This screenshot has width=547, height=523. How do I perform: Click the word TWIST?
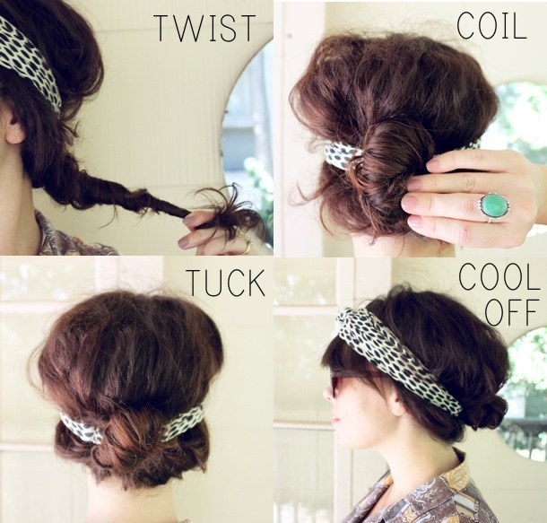[205, 28]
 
